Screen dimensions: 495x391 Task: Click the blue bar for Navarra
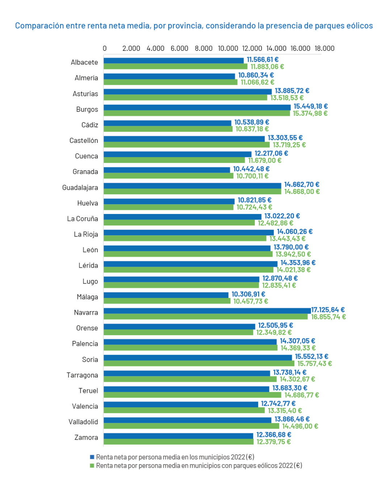tap(207, 310)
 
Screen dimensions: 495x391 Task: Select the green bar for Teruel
tap(192, 395)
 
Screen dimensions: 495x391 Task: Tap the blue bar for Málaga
tap(166, 295)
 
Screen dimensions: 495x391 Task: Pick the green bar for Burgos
tap(197, 114)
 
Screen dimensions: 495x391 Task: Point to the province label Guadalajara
tap(80, 187)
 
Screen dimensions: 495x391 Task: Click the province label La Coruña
tap(83, 219)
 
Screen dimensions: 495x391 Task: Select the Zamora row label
tap(86, 437)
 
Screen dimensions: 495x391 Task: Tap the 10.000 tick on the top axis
tap(228, 48)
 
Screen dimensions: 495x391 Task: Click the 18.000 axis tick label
tap(324, 48)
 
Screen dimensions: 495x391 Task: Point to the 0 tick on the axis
tap(105, 48)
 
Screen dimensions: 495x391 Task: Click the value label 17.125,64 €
tap(328, 310)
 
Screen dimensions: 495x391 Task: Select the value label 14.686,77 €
tap(302, 395)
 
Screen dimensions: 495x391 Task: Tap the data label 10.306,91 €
tap(248, 294)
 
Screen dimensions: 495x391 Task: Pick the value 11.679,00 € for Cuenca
tap(265, 160)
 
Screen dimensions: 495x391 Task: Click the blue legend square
tap(92, 457)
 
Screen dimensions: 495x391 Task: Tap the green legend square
tap(92, 465)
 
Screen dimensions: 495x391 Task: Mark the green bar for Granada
tap(168, 176)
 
